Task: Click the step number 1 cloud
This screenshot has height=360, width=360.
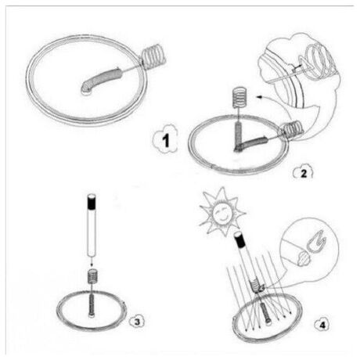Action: point(165,139)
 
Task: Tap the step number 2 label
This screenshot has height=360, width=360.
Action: point(303,172)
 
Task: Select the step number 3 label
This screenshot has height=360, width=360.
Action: point(137,322)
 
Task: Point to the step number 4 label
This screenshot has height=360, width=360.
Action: point(322,325)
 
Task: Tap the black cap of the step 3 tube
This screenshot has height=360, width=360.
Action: point(92,202)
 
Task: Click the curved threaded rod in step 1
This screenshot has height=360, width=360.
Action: point(102,80)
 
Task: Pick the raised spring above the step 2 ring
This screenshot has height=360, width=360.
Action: point(239,97)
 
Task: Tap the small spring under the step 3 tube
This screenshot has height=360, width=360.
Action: point(92,276)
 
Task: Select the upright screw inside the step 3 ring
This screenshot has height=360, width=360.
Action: point(92,306)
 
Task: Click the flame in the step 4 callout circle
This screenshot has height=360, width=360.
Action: point(316,240)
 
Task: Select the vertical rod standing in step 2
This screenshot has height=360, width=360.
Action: point(239,135)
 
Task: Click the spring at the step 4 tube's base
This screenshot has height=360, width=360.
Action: point(256,286)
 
